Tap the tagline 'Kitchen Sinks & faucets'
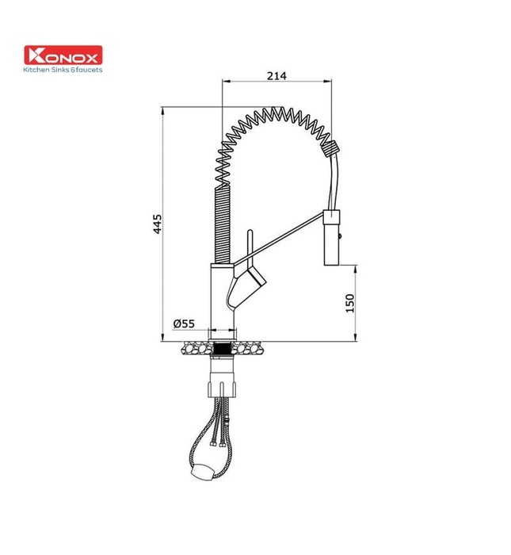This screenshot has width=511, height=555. [x=64, y=70]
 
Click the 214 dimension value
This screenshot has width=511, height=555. [x=276, y=75]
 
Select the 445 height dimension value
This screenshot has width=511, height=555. [x=158, y=224]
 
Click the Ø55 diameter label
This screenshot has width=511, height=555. [x=184, y=323]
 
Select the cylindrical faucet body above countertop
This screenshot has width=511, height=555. [x=221, y=297]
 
